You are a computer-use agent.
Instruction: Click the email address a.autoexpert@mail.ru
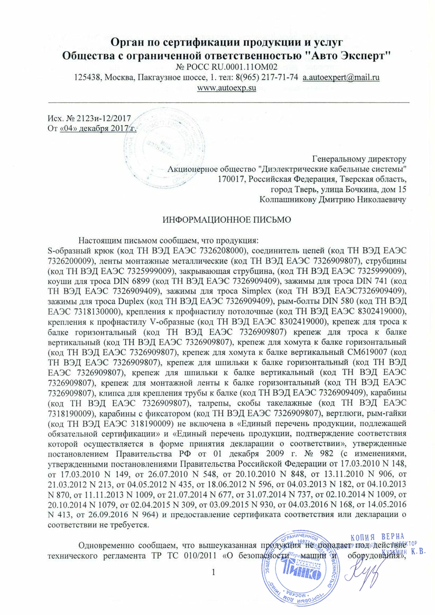coord(341,77)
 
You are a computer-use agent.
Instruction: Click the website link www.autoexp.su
coord(226,88)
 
